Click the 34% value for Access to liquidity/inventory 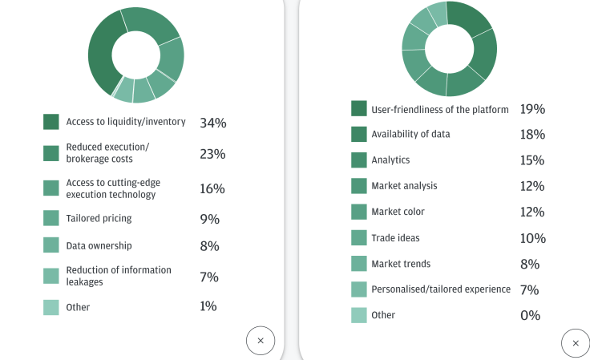(213, 123)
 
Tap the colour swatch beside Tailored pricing (51, 218)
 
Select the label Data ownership (99, 245)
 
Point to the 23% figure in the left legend (212, 154)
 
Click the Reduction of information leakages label (119, 276)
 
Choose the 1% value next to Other (208, 306)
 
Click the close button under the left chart (261, 341)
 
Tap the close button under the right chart (576, 343)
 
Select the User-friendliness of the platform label (440, 110)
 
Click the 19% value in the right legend (532, 109)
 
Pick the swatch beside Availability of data (359, 134)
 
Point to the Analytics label (390, 160)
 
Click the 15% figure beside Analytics (532, 160)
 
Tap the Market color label (398, 212)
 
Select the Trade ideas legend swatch (359, 238)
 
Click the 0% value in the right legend (530, 315)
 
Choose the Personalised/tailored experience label (441, 289)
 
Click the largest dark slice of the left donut (102, 56)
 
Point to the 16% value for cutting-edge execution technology (212, 188)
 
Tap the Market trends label (401, 264)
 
